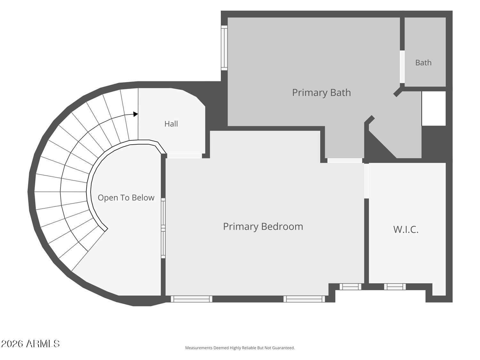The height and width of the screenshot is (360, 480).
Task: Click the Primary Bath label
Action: [x=321, y=93]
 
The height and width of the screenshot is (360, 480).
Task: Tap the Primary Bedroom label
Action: [x=263, y=227]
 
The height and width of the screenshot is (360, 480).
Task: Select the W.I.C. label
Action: [x=406, y=229]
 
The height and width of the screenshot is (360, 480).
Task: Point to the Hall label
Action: [x=171, y=124]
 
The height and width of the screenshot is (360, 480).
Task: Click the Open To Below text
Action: [x=126, y=197]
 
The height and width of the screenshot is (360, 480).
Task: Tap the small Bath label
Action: [x=423, y=63]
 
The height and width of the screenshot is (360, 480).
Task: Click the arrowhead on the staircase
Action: [x=136, y=114]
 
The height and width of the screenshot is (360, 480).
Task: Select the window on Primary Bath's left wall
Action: [x=224, y=48]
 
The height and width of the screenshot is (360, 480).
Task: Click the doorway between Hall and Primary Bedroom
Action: [x=184, y=156]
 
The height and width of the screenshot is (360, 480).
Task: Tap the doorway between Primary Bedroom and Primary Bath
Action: [x=345, y=160]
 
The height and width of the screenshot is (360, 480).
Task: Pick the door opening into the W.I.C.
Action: [x=366, y=181]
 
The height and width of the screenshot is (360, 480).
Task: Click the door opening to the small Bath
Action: [x=402, y=67]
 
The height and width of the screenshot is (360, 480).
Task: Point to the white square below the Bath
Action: [x=434, y=108]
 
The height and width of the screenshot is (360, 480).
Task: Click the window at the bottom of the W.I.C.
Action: [x=395, y=286]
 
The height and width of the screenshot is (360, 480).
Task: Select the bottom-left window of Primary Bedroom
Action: [x=191, y=299]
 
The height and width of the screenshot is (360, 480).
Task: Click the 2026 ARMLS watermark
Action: [x=30, y=344]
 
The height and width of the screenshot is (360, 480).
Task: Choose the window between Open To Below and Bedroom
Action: [x=163, y=228]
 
